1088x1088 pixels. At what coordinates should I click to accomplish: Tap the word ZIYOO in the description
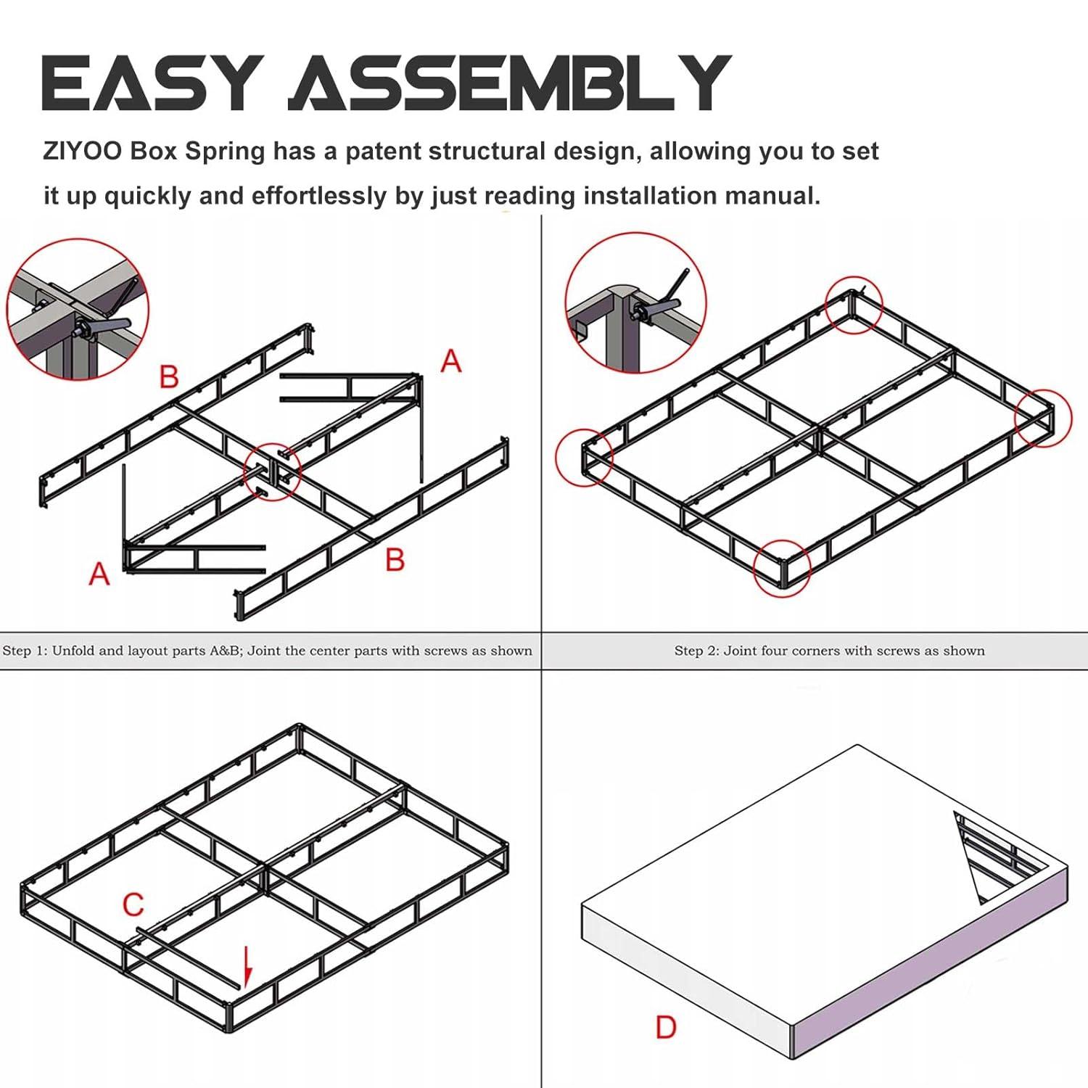[83, 152]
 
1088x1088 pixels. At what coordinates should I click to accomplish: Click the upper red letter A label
[451, 360]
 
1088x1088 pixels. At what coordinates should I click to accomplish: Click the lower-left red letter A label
[99, 574]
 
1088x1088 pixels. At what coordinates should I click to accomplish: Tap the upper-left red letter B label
[168, 376]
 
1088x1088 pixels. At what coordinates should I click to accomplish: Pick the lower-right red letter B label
[395, 559]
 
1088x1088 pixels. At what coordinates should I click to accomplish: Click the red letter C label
[133, 904]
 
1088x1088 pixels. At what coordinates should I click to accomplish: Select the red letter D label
[666, 1027]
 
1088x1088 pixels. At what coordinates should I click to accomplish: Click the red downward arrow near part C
[247, 966]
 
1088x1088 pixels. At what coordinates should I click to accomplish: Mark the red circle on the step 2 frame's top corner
[854, 305]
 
